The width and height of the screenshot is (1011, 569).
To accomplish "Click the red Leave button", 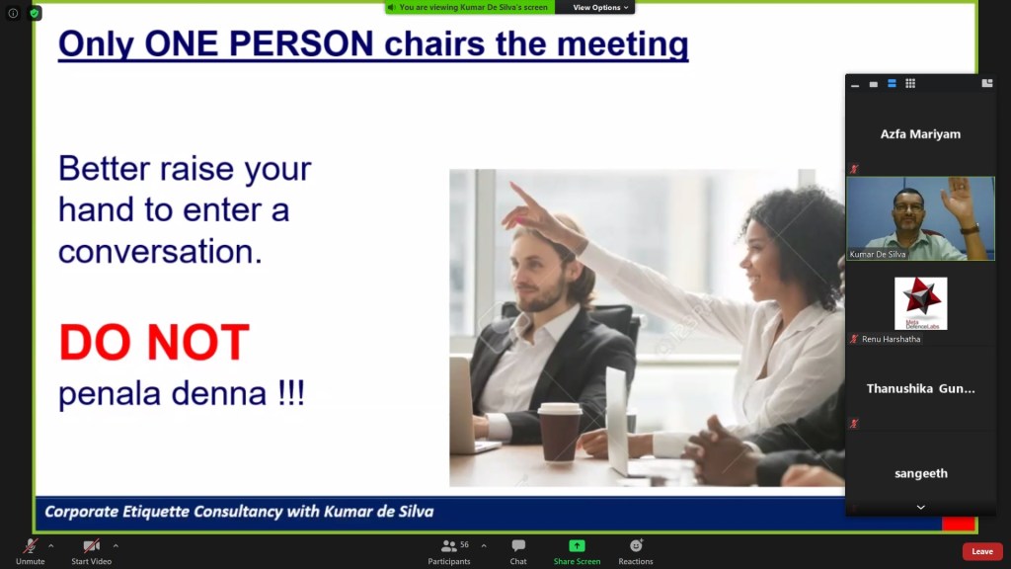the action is pos(982,551).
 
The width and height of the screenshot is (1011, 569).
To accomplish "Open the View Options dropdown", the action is pos(600,7).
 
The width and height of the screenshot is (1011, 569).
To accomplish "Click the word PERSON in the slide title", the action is pos(301,43).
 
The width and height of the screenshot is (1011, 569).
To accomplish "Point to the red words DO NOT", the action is pos(154,342).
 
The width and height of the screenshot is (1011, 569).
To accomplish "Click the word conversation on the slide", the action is pos(160,252).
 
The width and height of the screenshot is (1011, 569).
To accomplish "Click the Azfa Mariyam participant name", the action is pos(920,134).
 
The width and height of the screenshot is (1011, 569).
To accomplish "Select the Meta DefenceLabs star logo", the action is pos(921,303).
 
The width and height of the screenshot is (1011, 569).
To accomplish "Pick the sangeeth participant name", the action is pos(921,473).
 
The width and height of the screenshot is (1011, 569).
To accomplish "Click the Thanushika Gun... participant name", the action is pos(920,388).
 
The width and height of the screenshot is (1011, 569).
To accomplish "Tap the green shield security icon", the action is pos(35,13).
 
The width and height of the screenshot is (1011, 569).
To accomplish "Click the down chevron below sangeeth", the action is pos(921,507).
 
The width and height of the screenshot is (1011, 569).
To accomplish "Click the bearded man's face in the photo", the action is pos(540,275).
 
